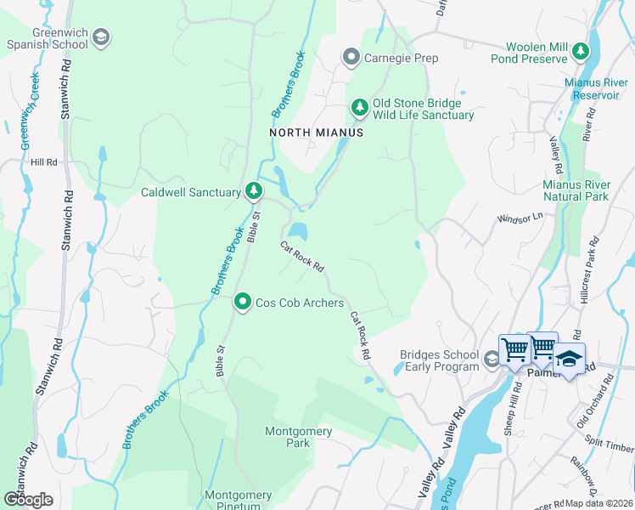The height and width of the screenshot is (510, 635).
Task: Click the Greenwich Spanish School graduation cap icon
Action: pos(100,37)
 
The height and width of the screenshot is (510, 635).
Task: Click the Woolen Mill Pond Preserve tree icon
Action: pos(581,52)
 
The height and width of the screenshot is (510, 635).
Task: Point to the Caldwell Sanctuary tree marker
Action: pos(253,192)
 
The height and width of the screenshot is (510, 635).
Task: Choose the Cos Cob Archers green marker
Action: pos(243,302)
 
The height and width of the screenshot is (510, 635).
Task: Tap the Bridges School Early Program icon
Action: pos(491,360)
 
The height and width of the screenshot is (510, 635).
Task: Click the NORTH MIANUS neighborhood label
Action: pos(316,133)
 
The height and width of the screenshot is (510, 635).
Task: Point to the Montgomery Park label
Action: pos(298,437)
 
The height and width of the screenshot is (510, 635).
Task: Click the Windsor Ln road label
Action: pos(519,218)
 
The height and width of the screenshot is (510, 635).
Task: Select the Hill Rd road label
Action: pos(43,161)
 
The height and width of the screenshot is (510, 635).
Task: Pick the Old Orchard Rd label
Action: pos(595,405)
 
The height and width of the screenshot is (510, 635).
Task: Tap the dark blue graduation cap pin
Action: pos(570,358)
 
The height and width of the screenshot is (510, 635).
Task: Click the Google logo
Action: pos(28,500)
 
